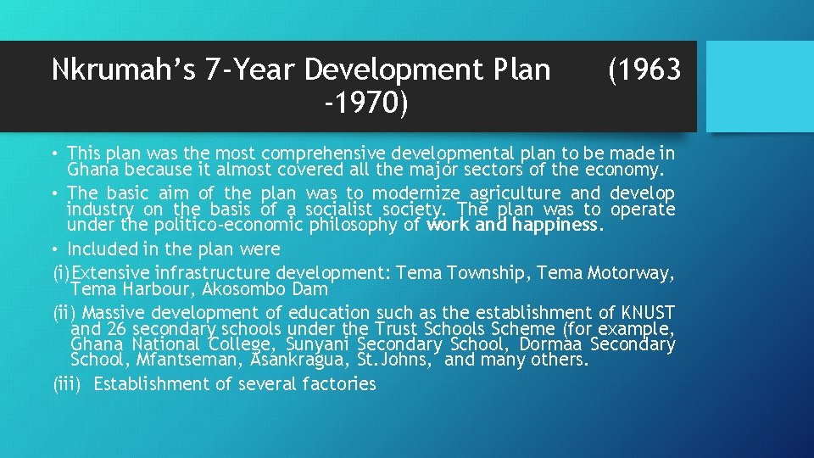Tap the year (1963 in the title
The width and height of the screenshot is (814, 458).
644,70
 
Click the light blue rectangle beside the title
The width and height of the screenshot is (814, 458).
760,87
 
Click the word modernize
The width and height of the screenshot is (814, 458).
393,193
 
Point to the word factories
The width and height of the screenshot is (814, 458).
333,384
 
